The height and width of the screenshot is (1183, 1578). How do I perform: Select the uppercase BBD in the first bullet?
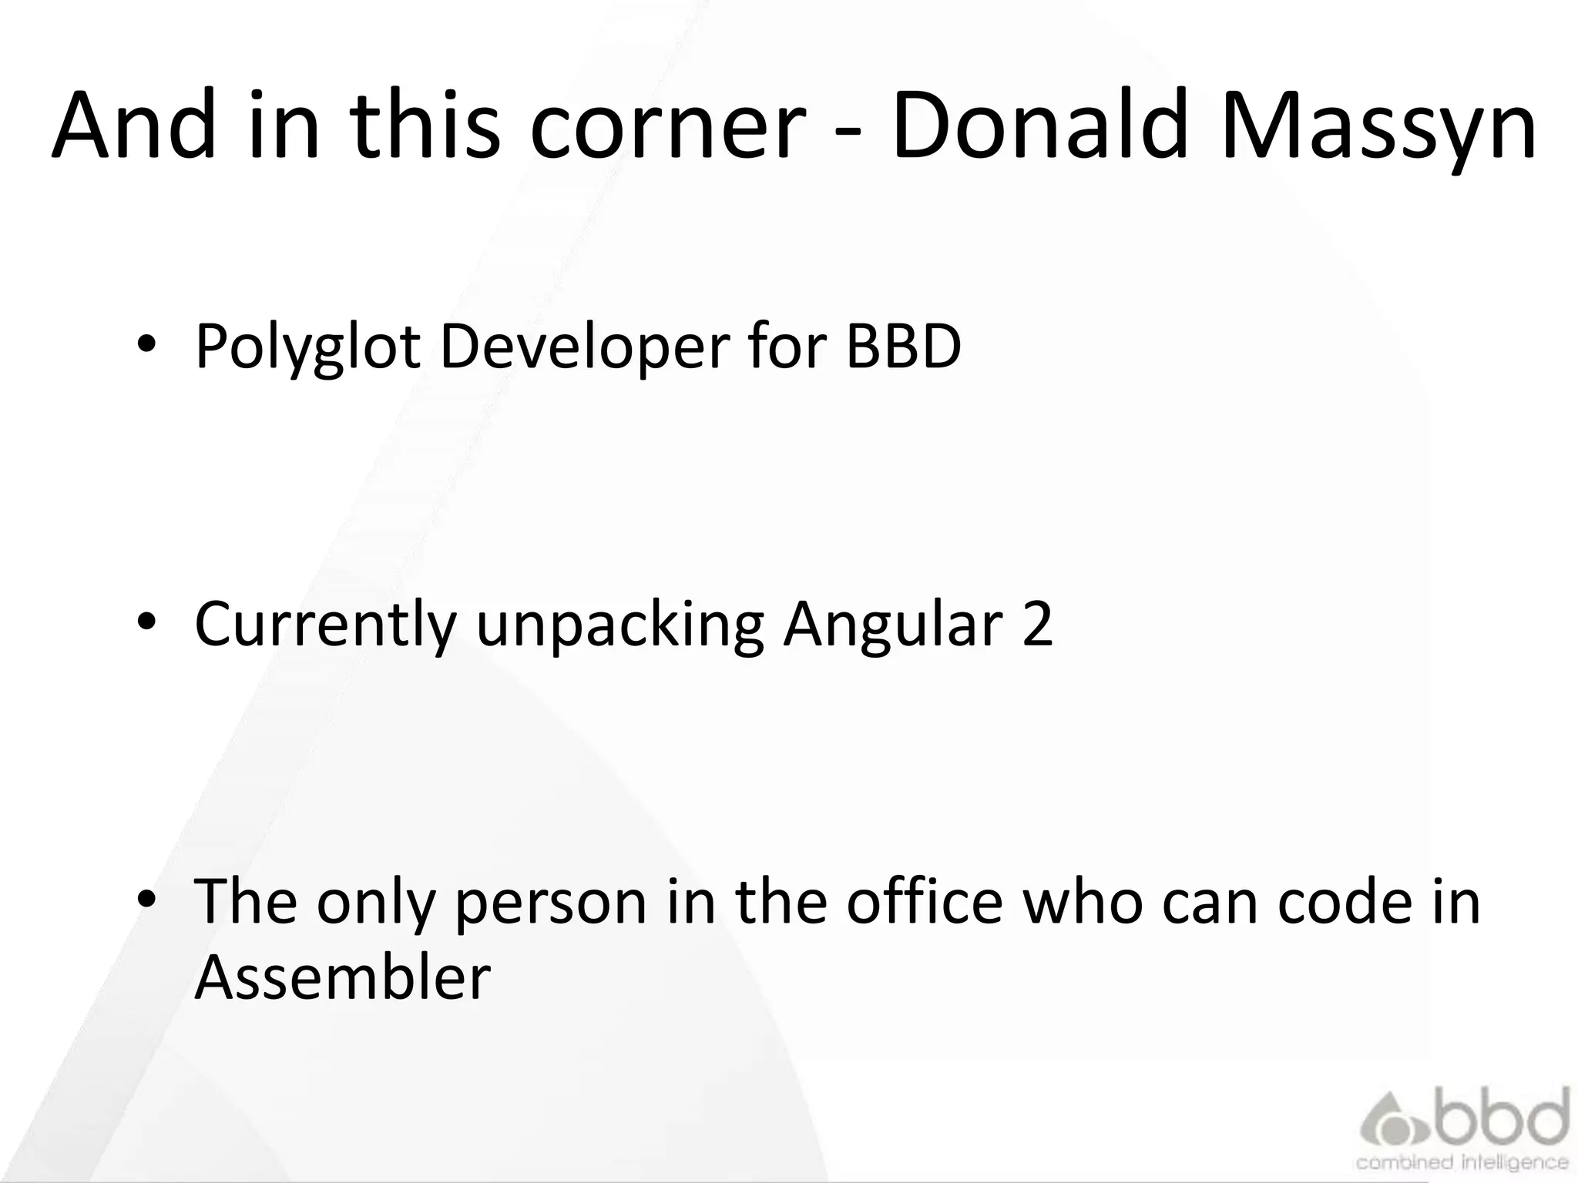point(903,347)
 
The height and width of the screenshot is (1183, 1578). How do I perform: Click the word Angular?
point(892,624)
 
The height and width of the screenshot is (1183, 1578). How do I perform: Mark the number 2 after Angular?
point(1037,624)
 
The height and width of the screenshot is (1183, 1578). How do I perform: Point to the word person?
point(551,903)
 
